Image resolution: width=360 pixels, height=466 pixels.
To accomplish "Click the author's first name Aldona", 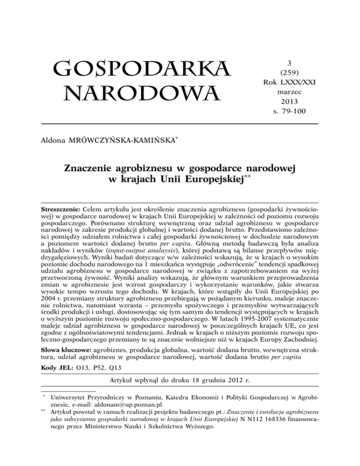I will [55, 140].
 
